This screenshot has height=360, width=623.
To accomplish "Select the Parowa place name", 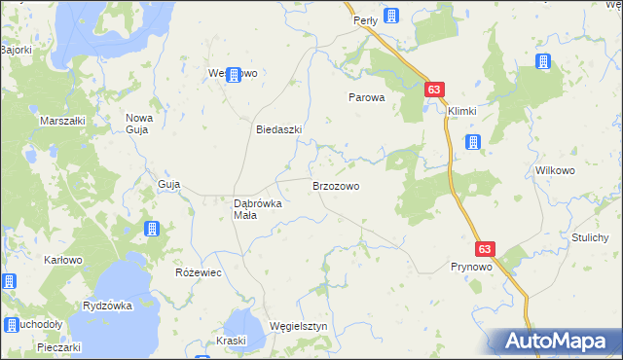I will (368, 98).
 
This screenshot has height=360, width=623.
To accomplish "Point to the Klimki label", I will (462, 111).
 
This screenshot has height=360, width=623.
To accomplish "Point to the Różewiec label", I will (198, 273).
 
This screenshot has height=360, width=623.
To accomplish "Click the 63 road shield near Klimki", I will (435, 90).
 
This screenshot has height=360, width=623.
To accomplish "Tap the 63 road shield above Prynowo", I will (487, 249).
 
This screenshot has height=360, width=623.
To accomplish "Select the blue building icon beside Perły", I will (391, 15).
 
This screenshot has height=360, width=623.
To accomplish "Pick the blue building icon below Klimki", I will (473, 143).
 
